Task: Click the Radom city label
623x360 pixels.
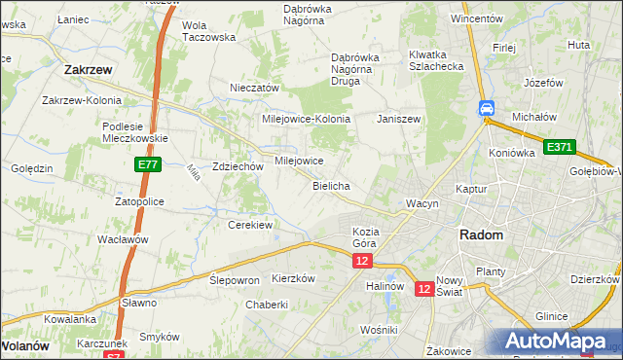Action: pos(481,235)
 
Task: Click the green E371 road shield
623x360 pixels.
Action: pos(560,147)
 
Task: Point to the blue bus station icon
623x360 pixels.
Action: pos(486,109)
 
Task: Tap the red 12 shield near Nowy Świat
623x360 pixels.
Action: pos(424,289)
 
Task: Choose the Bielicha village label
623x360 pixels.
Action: pos(331,185)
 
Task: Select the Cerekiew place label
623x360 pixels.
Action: pos(249,225)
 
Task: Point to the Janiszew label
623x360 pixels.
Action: pos(398,118)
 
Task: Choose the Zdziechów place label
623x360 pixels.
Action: pos(238,166)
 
